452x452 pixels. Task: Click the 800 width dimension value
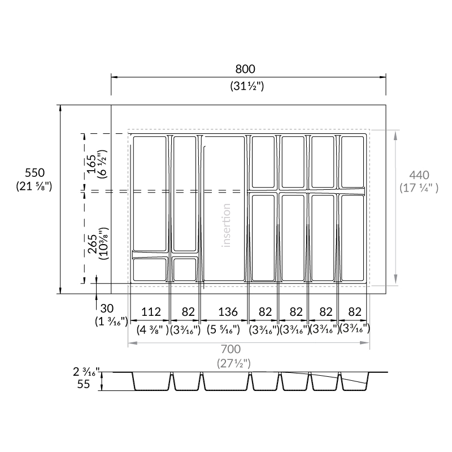click(x=245, y=69)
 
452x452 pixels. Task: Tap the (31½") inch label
click(x=247, y=86)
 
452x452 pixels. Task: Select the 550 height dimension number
click(x=34, y=173)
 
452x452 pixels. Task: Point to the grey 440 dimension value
click(x=419, y=175)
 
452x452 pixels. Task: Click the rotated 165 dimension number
click(x=92, y=164)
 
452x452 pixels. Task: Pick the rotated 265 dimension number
click(x=92, y=244)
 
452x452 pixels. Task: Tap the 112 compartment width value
click(x=151, y=312)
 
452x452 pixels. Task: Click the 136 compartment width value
click(x=228, y=312)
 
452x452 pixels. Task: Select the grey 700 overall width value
click(x=231, y=349)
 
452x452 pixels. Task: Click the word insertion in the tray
click(x=227, y=225)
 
